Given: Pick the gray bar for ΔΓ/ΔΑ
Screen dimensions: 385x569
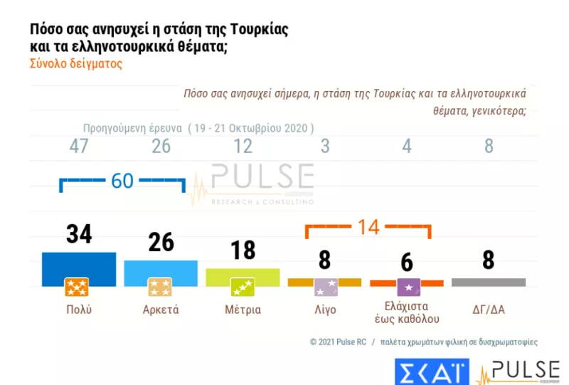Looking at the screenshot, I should (x=488, y=282).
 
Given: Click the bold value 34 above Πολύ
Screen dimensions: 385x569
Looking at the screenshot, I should (x=79, y=233).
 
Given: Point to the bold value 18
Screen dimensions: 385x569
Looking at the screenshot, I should (x=243, y=250).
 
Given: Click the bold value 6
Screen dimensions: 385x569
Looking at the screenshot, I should (x=407, y=262).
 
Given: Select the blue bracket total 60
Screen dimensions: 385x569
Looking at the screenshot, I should (x=122, y=181).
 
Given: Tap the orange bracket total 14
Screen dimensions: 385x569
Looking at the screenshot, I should (x=368, y=228).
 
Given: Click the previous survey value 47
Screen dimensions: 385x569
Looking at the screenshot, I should (x=79, y=147).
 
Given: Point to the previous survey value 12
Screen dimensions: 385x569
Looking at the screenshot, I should (x=243, y=147).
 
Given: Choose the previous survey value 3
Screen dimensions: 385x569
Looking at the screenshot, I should (x=325, y=147).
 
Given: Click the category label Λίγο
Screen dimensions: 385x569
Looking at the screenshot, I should (x=325, y=310).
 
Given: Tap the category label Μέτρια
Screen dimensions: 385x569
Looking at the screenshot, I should (x=243, y=310).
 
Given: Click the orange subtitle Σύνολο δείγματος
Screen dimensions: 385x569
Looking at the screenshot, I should (x=76, y=63).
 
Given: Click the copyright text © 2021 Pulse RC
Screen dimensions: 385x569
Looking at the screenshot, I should (x=338, y=342).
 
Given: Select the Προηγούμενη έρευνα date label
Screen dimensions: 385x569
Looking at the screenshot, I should (x=198, y=129).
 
